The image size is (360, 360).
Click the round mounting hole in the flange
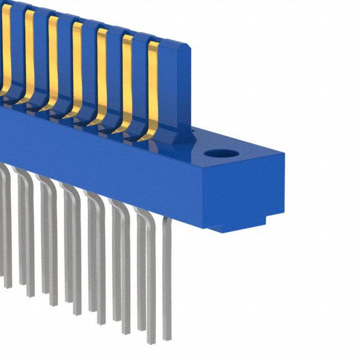(x=218, y=153)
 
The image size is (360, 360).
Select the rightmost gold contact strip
(x=152, y=90)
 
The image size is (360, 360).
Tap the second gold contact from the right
(x=127, y=84)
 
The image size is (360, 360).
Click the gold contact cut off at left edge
(x=6, y=45)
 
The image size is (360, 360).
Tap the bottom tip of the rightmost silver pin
(x=167, y=337)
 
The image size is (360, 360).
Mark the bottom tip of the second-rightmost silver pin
(x=151, y=340)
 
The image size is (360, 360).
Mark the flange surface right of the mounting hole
(x=253, y=152)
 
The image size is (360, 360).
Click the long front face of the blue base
(x=101, y=163)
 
